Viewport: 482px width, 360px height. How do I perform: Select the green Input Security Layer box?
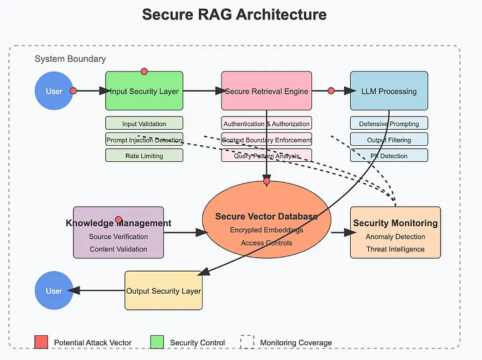coord(144,91)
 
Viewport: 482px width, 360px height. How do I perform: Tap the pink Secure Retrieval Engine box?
coord(266,91)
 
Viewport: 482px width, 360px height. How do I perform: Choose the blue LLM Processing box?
coord(389,91)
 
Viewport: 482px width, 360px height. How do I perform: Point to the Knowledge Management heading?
coord(118,223)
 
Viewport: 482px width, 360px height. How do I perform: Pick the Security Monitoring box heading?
coord(395,223)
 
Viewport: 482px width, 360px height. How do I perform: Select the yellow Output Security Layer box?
coord(163,290)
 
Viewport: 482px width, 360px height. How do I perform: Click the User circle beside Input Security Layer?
coord(54,91)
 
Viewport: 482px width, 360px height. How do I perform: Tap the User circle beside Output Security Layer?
coord(54,291)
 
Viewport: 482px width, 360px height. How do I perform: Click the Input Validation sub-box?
coord(144,124)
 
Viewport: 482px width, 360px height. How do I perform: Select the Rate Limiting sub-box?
coord(144,155)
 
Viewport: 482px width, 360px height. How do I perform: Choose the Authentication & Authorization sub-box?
coord(266,124)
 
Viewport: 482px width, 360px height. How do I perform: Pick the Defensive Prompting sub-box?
coord(389,124)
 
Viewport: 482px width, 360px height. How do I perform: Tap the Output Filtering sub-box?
coord(389,140)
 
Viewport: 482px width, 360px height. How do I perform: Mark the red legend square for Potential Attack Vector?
coord(42,342)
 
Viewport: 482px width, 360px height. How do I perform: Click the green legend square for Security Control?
coord(157,342)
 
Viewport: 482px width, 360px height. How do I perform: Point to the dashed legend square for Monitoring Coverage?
coord(248,342)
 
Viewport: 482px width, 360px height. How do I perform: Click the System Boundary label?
coord(70,60)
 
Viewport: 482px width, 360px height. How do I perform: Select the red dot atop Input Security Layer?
coord(144,71)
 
